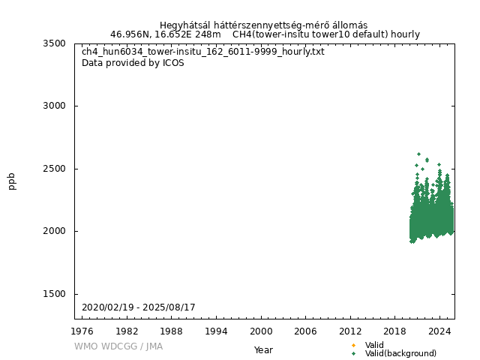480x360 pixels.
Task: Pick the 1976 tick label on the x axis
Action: tap(82, 331)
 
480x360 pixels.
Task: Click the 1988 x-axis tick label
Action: tap(172, 331)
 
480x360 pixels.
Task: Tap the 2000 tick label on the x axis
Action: tap(261, 331)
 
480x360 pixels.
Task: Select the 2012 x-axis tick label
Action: tap(350, 331)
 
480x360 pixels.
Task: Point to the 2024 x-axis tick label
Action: tap(439, 331)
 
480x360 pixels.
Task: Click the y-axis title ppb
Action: tap(12, 181)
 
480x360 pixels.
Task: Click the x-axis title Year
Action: tap(263, 349)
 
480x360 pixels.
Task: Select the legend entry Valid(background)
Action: tap(400, 353)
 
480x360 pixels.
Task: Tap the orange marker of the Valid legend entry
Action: tap(353, 345)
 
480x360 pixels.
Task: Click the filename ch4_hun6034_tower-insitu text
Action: tap(203, 52)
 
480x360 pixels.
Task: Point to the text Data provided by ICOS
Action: tap(133, 63)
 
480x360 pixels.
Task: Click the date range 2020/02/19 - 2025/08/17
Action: tap(139, 307)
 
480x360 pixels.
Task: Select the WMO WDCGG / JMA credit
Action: tap(118, 346)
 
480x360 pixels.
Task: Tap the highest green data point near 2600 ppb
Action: tap(418, 154)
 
